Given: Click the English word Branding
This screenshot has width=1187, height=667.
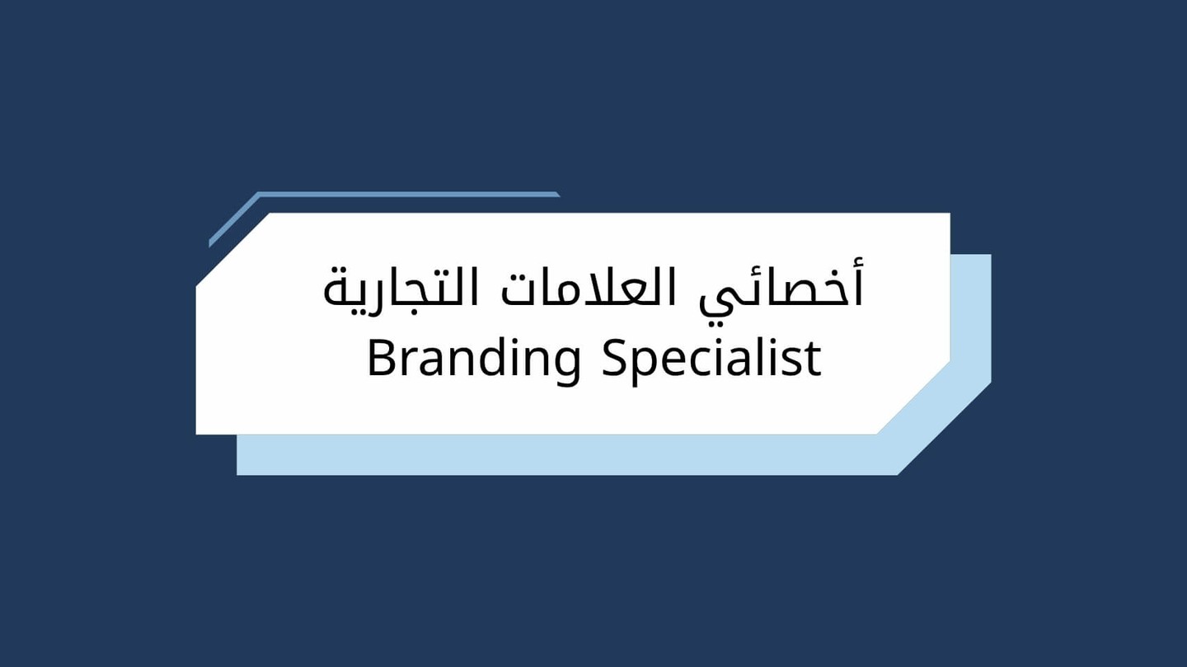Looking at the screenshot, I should pos(474,359).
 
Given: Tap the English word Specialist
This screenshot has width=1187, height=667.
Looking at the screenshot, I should pos(711,359).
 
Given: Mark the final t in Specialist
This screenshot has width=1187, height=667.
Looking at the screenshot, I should pos(814,359).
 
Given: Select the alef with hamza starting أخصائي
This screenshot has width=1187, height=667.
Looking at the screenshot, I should pos(856,284).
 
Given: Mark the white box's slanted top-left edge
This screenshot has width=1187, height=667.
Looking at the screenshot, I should pos(233,249).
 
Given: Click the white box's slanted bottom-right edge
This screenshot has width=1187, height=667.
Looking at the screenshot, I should pos(913,397).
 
